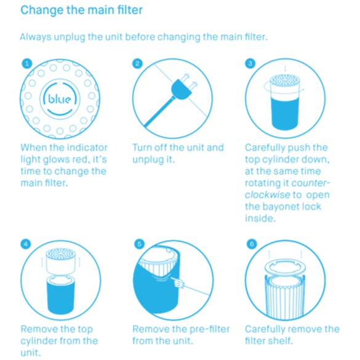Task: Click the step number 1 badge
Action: click(x=27, y=63)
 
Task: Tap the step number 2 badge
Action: click(x=137, y=63)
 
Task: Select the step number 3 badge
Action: click(x=250, y=63)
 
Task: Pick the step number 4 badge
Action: click(x=26, y=244)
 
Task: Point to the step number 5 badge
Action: click(x=139, y=244)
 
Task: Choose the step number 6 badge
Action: click(x=252, y=244)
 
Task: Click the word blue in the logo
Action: click(x=60, y=99)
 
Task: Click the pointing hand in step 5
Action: click(x=178, y=282)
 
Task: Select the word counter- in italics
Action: click(x=311, y=183)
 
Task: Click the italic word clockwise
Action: click(x=268, y=195)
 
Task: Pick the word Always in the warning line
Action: click(x=36, y=37)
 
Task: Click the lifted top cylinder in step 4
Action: click(x=60, y=262)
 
